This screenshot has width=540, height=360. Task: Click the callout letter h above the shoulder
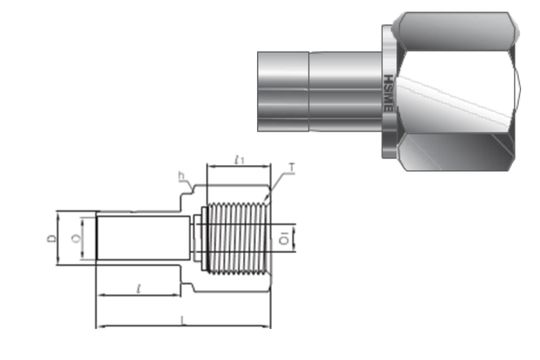(181, 177)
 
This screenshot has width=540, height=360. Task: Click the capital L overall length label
(182, 317)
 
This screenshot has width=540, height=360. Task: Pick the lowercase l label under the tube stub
(137, 288)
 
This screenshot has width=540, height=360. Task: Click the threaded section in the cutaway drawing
(235, 240)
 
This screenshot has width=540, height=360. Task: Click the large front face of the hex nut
(455, 90)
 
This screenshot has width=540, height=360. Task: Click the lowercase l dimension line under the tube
(137, 297)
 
